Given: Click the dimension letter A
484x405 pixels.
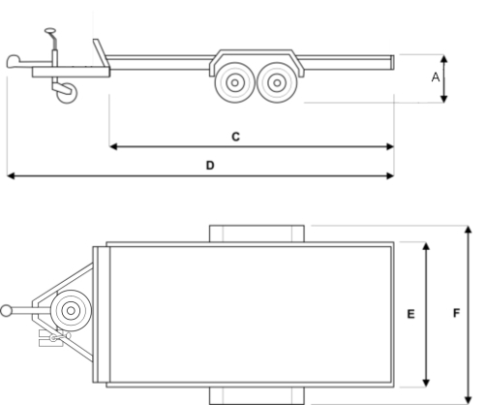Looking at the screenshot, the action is [x=436, y=78].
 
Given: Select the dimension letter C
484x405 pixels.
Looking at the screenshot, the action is [x=236, y=137].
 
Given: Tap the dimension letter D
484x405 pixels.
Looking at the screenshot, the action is [x=210, y=166].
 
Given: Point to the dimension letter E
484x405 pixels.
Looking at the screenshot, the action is [x=410, y=314].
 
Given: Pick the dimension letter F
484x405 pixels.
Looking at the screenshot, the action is [x=456, y=313].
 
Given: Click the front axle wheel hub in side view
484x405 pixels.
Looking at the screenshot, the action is [x=235, y=82].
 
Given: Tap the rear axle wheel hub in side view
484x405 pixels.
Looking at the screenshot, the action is [x=277, y=82].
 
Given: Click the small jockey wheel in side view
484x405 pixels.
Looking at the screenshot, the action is [x=67, y=93].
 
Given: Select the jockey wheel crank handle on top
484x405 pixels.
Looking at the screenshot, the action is [x=50, y=31].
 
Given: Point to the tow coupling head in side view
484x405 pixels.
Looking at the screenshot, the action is [x=14, y=61].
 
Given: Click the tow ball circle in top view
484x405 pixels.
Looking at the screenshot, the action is [x=6, y=311].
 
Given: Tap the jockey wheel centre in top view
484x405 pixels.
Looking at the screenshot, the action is [x=71, y=311].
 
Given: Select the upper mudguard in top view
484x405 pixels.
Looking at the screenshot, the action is [x=257, y=234].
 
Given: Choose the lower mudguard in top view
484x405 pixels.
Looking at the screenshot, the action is [x=257, y=395].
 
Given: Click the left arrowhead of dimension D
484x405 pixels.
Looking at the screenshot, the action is [x=11, y=176].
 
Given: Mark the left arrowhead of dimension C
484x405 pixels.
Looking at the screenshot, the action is [x=113, y=147].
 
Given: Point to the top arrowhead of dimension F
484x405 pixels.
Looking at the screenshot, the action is [x=469, y=230].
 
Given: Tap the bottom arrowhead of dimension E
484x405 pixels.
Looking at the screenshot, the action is [x=426, y=383].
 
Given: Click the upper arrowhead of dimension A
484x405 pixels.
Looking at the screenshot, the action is [x=444, y=58].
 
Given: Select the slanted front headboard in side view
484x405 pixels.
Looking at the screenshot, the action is [x=101, y=52].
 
